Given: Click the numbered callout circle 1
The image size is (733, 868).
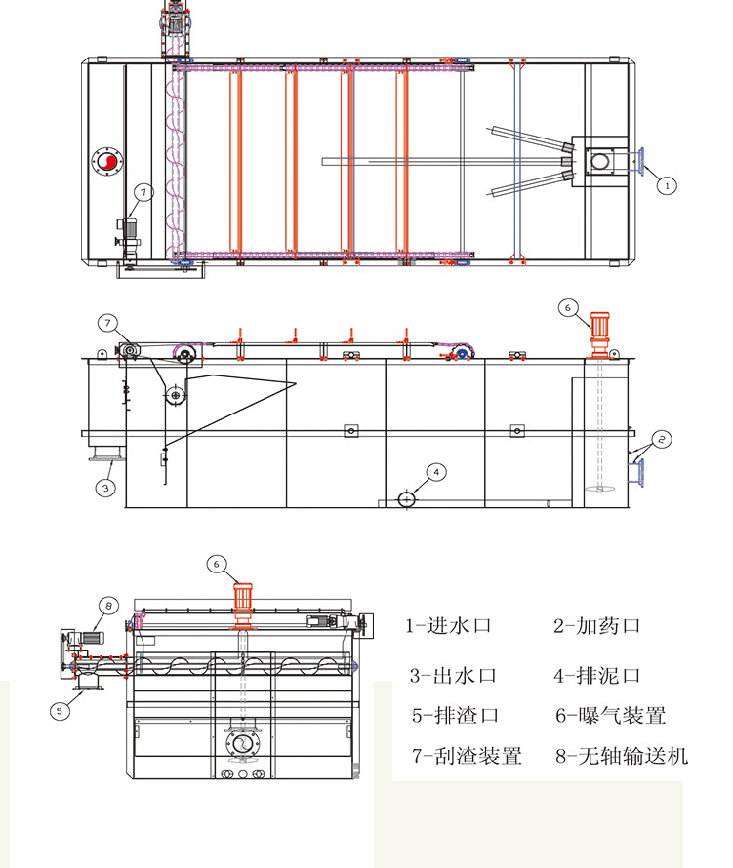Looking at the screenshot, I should [667, 182].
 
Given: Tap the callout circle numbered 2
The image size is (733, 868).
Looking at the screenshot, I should [661, 439].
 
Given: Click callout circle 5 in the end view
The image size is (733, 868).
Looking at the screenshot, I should [60, 711].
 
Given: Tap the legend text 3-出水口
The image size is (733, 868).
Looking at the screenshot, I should [454, 675].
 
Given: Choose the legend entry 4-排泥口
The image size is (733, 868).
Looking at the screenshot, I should [597, 675].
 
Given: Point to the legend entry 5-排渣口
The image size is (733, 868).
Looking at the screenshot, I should [455, 715].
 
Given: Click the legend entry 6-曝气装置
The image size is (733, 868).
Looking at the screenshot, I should [611, 715].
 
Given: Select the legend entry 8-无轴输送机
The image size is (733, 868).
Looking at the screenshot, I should [622, 755].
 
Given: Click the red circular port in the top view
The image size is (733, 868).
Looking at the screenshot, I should [106, 162].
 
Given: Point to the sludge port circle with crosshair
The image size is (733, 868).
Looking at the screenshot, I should [406, 498].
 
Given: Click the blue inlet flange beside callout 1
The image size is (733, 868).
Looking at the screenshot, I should [642, 161].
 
